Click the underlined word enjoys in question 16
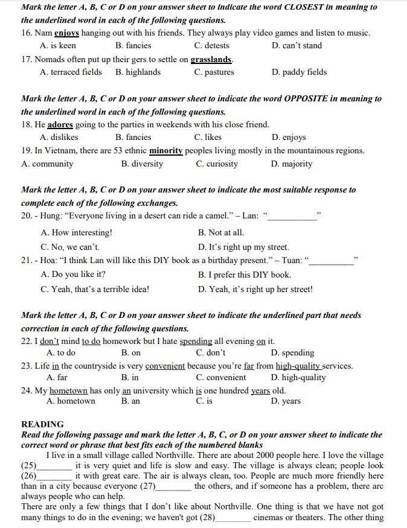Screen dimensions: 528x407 click(x=67, y=33)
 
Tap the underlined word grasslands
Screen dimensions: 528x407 click(x=211, y=60)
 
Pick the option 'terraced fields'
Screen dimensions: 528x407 click(x=71, y=72)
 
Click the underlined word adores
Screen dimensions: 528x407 click(x=60, y=125)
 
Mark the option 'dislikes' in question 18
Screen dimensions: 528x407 click(x=59, y=137)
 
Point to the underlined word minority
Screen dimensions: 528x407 click(x=166, y=151)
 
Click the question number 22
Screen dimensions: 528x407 click(x=26, y=341)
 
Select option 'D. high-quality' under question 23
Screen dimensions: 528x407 click(x=298, y=377)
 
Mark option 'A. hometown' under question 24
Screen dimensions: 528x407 click(x=71, y=401)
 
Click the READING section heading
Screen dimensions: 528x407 click(x=42, y=424)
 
